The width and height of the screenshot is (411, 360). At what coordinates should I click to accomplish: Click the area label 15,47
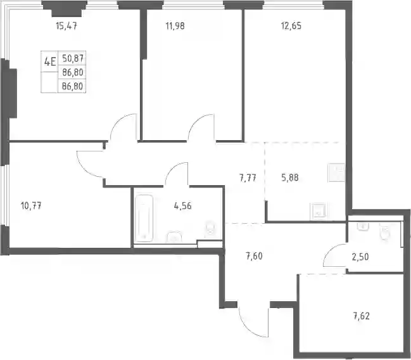(x=66, y=26)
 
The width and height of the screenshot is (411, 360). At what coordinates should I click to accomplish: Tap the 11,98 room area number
(x=175, y=26)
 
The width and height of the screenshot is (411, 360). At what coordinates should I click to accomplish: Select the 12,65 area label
(x=291, y=26)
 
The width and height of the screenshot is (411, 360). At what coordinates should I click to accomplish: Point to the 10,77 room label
(x=31, y=206)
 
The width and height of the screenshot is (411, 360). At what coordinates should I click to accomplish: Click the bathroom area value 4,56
(x=182, y=206)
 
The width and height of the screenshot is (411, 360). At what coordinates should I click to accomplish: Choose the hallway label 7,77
(x=248, y=178)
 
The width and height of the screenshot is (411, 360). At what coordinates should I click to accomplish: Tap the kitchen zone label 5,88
(x=290, y=177)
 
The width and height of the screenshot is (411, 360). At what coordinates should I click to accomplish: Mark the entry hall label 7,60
(x=254, y=256)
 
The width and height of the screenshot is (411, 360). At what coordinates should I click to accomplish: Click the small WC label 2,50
(x=360, y=257)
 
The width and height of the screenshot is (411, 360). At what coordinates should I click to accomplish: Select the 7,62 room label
(x=362, y=316)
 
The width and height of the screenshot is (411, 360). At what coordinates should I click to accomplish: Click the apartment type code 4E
(x=50, y=62)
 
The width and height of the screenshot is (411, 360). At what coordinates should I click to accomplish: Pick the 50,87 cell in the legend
(x=73, y=58)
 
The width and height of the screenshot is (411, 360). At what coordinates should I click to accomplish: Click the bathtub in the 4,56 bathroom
(x=144, y=218)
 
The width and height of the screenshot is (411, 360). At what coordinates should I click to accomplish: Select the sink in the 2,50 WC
(x=364, y=227)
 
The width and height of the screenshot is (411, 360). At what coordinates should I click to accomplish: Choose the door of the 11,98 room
(x=201, y=127)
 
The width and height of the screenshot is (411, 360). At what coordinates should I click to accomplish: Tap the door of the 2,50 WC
(x=336, y=255)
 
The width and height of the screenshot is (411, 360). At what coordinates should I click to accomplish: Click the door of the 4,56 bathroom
(x=177, y=174)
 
